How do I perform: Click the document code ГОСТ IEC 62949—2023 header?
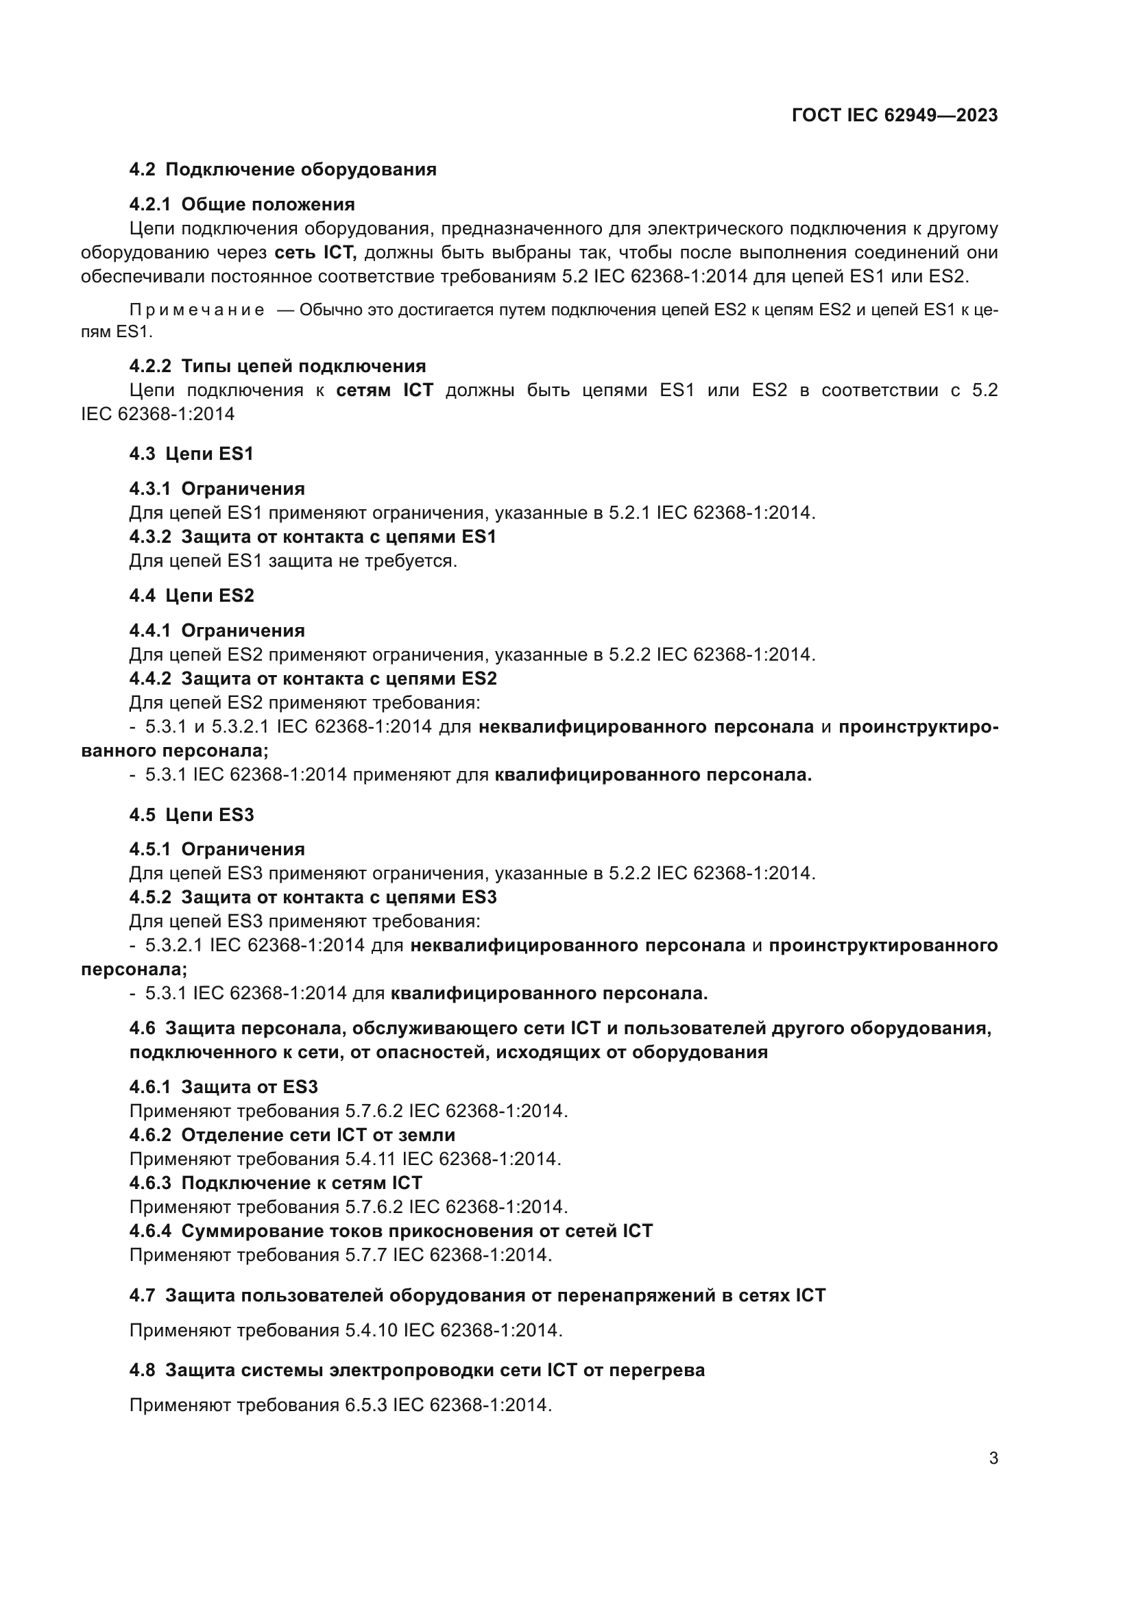click(895, 115)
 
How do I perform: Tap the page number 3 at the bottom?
click(993, 1458)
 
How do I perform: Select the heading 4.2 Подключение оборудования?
click(282, 170)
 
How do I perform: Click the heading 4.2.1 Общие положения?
click(242, 204)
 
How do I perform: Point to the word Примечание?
click(197, 310)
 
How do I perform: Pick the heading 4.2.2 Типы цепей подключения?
click(277, 367)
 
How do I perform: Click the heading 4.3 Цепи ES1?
click(191, 454)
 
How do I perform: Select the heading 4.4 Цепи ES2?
click(191, 596)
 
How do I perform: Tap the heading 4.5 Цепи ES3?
click(191, 815)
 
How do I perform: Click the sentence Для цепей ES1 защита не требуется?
click(293, 561)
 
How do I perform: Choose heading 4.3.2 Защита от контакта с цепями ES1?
click(313, 537)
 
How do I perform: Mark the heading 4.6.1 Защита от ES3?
click(224, 1087)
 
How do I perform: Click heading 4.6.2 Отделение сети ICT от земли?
click(292, 1134)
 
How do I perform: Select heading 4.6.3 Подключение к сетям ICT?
click(276, 1183)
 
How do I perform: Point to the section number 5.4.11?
click(370, 1159)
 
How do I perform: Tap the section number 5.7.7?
click(366, 1255)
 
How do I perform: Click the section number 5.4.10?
click(371, 1330)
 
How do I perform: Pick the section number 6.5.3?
click(366, 1405)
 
